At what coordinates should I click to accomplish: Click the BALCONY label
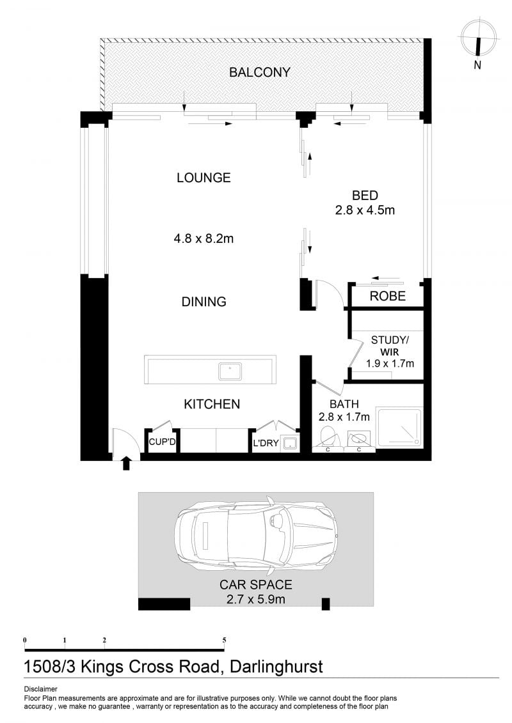coord(259,72)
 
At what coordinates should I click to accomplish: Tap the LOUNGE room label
coord(204,178)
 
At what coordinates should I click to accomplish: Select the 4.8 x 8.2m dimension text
coord(204,238)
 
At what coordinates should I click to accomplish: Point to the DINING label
coord(204,302)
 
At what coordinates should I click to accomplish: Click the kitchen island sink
coord(230,371)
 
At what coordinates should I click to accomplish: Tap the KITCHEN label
coord(212,404)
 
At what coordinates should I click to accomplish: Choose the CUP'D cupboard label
coord(162,442)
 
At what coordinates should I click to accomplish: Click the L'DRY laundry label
coord(266,443)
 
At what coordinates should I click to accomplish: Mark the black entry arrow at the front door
coord(126,463)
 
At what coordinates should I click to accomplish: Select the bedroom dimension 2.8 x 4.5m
coord(365,210)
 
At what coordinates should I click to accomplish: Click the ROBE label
coord(387,296)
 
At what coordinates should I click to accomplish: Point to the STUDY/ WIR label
coord(390,346)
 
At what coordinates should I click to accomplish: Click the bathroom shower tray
coord(399,428)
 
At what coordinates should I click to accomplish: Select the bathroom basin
coord(358,439)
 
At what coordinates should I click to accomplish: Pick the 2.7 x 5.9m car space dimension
coord(256,599)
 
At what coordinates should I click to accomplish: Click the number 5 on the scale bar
coord(225,640)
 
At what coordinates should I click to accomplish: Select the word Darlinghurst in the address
coord(276,667)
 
